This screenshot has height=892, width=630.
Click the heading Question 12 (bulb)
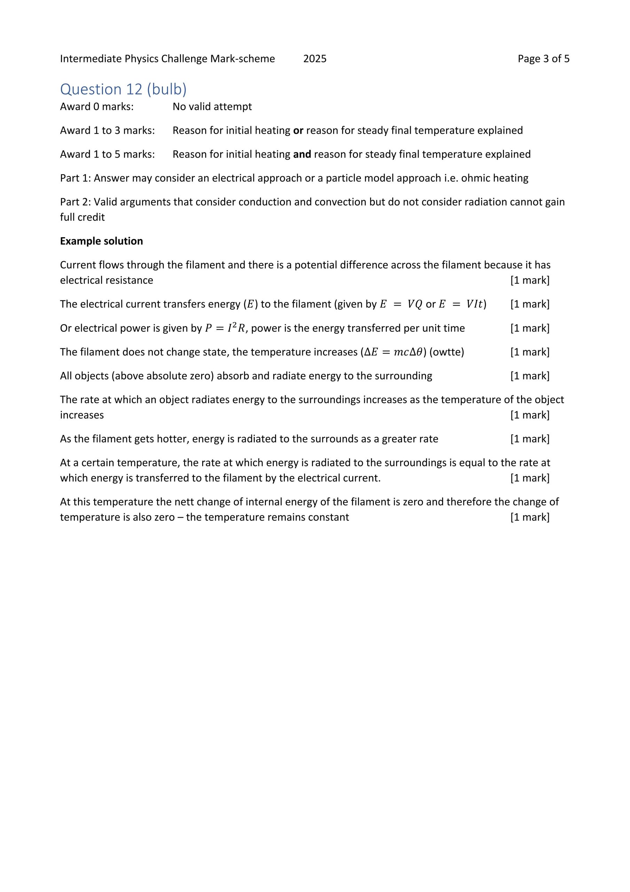click(123, 89)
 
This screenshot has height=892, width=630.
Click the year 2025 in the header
click(314, 59)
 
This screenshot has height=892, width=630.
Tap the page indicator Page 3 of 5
click(543, 59)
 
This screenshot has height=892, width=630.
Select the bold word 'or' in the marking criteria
click(298, 131)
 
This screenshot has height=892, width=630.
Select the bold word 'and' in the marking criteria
click(302, 154)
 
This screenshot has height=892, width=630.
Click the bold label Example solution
click(101, 241)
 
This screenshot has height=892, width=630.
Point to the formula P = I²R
click(225, 328)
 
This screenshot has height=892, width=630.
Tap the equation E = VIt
click(461, 304)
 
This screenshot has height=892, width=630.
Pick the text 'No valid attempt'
click(212, 107)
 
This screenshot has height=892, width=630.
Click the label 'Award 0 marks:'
click(97, 107)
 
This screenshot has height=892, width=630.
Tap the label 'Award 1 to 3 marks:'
click(107, 131)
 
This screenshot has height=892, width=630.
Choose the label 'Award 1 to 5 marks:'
click(107, 154)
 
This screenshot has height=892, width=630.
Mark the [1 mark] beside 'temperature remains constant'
click(529, 517)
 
